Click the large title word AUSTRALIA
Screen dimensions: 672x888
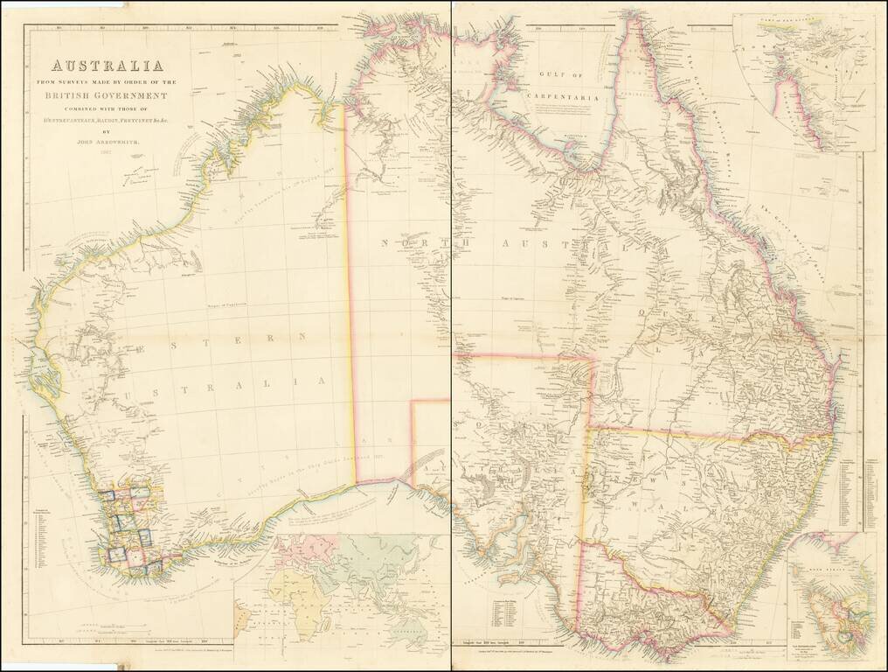(x=108, y=66)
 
